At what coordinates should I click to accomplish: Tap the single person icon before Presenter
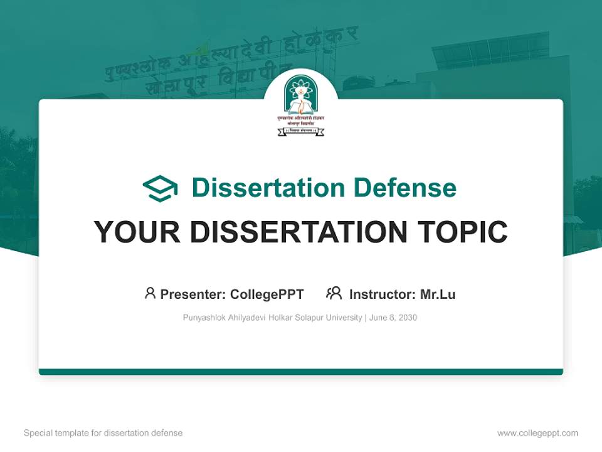[x=150, y=293]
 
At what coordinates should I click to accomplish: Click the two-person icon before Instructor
[x=334, y=293]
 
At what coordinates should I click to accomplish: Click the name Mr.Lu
[x=438, y=294]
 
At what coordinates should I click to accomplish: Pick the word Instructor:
[x=382, y=294]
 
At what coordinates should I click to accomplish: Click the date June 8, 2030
[x=393, y=318]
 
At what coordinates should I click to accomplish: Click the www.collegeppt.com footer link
[x=537, y=433]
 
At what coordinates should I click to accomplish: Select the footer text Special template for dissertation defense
[x=103, y=433]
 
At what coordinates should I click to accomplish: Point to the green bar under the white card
[x=301, y=372]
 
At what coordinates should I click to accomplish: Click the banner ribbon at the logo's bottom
[x=301, y=131]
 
